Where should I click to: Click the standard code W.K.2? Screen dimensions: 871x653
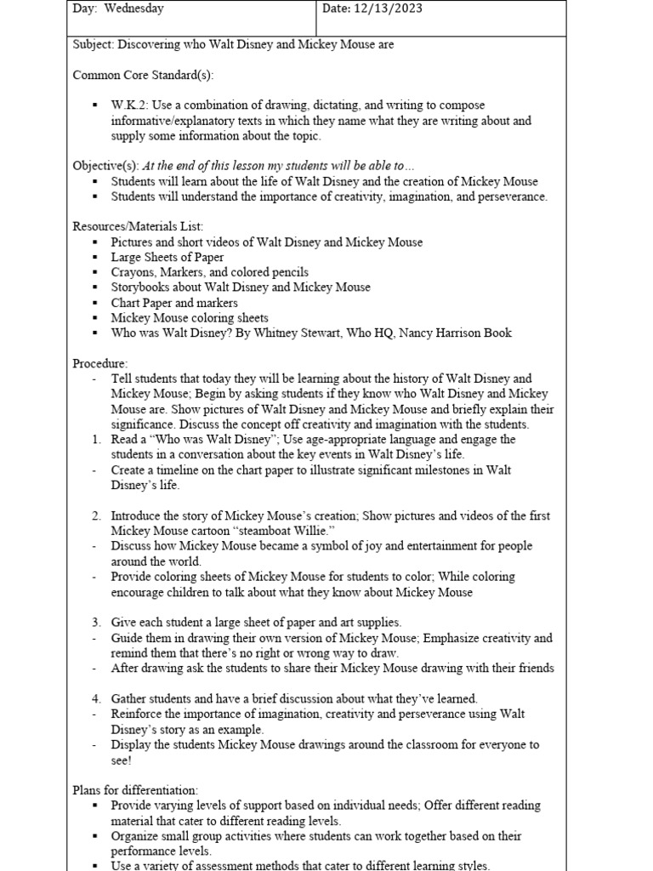(x=130, y=105)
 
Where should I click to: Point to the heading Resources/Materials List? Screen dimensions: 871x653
(x=139, y=226)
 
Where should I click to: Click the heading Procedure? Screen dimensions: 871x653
(x=100, y=363)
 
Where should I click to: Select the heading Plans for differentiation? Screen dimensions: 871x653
(x=135, y=790)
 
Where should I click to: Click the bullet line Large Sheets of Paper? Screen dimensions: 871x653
(x=168, y=257)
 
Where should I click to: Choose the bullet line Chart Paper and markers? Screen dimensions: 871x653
(x=174, y=303)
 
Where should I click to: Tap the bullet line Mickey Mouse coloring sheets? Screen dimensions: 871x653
(x=190, y=318)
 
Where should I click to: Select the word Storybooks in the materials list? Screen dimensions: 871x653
(x=140, y=287)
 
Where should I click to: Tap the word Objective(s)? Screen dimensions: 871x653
(x=105, y=166)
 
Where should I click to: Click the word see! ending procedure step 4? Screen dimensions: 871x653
(x=122, y=760)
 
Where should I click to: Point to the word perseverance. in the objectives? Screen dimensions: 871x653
(x=514, y=196)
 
